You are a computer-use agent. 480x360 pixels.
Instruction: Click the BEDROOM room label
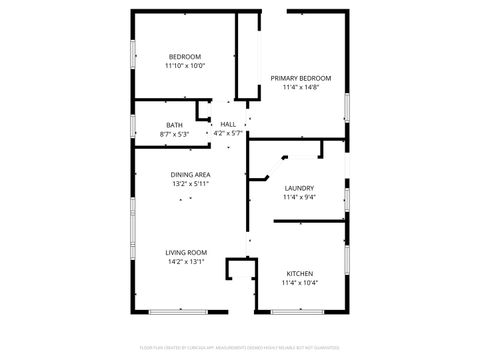185,56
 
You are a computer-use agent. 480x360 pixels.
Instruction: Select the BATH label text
174,125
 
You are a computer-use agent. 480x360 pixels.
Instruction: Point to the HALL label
228,124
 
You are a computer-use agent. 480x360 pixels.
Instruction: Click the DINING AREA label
189,175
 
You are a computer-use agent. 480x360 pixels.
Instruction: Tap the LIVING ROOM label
187,252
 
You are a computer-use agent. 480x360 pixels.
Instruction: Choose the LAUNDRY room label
299,188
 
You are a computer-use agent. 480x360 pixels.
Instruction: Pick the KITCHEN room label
300,274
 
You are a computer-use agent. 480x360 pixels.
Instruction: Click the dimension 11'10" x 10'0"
185,66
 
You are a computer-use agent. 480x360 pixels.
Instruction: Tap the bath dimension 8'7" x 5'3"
174,134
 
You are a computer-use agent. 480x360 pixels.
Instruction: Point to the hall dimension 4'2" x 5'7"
228,133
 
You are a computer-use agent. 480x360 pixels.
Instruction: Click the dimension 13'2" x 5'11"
189,184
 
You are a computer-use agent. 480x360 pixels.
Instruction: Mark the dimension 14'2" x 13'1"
187,262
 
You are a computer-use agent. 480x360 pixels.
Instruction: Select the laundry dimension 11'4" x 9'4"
299,197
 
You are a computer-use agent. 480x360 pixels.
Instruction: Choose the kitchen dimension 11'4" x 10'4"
300,283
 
